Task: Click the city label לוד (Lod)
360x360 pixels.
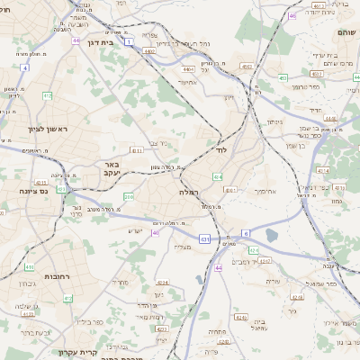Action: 221,150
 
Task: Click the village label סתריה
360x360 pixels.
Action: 119,282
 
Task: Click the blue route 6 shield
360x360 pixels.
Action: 246,233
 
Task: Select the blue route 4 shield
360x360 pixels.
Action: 25,67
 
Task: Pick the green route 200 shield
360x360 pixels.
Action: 129,196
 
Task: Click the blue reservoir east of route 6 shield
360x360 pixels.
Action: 273,235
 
